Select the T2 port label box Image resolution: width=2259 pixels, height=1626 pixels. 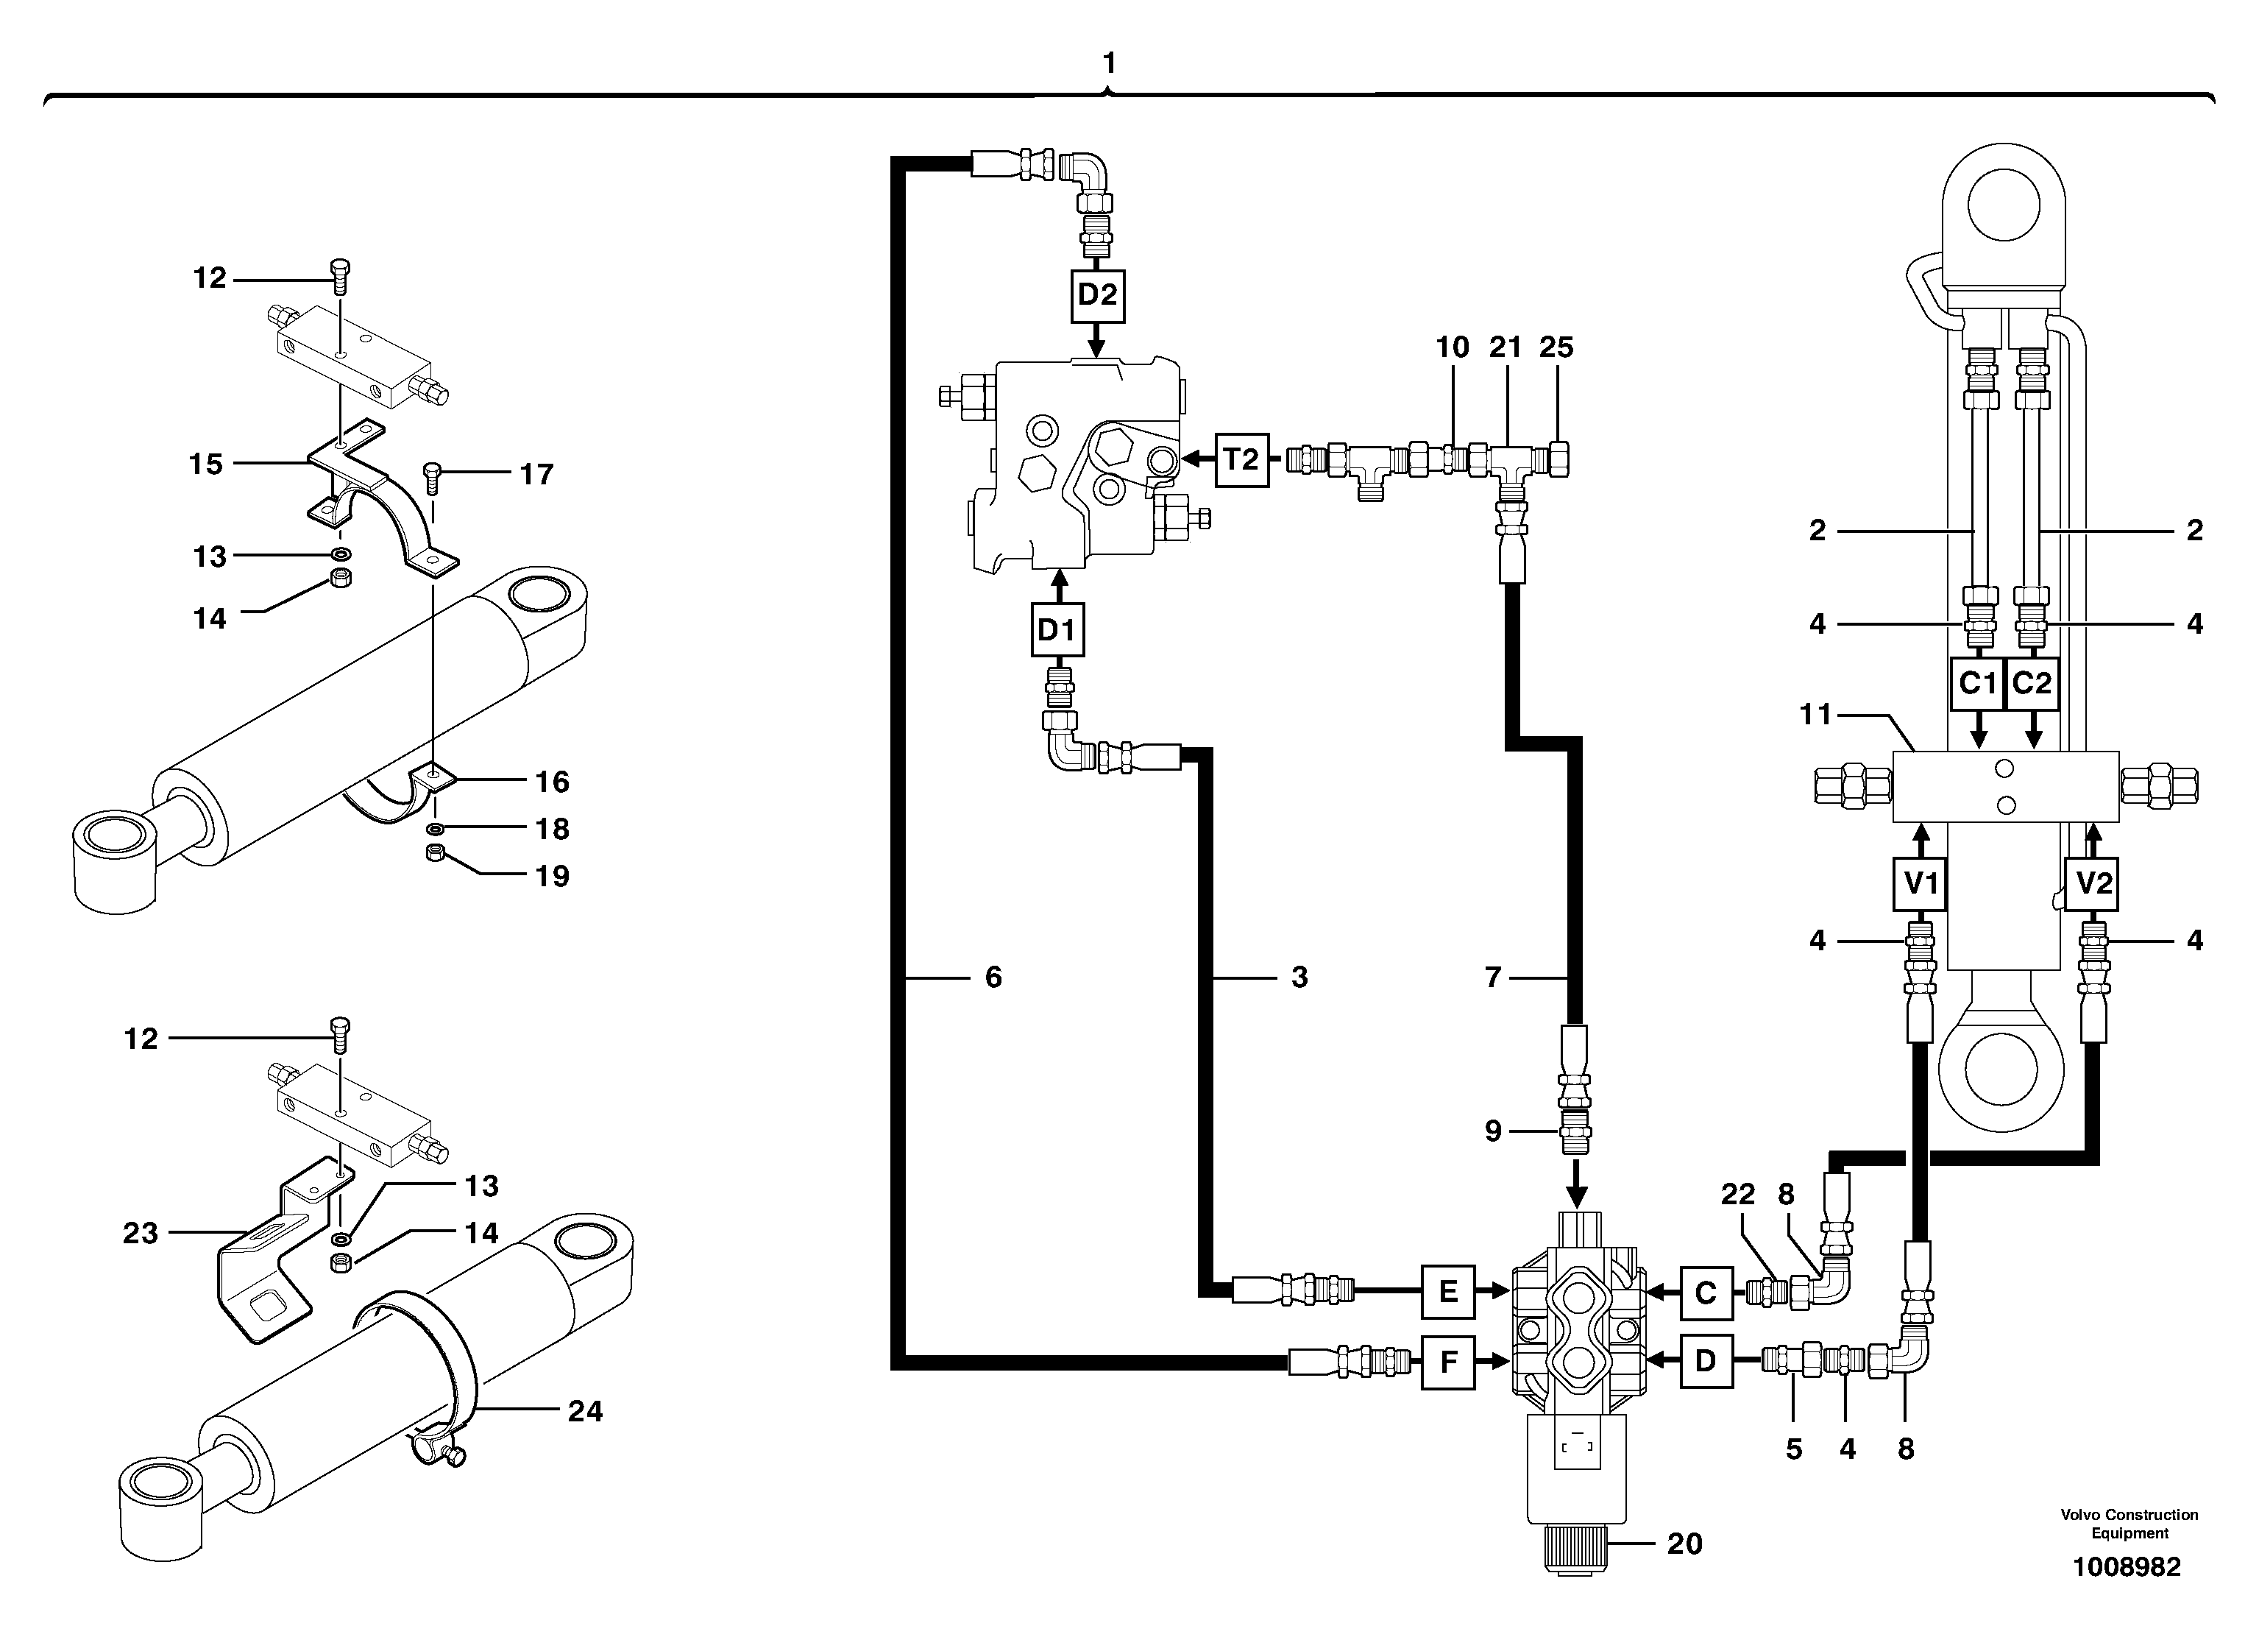pyautogui.click(x=1242, y=459)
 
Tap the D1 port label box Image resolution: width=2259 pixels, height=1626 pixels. pyautogui.click(x=1057, y=629)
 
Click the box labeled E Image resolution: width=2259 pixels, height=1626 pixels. pyautogui.click(x=1448, y=1293)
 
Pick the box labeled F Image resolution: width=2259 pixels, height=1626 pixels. pyautogui.click(x=1448, y=1361)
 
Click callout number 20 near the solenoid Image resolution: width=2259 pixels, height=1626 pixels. pyautogui.click(x=1684, y=1544)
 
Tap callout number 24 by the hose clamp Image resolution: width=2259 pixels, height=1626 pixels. pyautogui.click(x=585, y=1411)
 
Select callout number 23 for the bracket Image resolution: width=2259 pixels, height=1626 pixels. pyautogui.click(x=141, y=1234)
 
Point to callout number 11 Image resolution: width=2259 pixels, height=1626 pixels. pyautogui.click(x=1816, y=714)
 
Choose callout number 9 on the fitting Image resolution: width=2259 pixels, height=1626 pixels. pyautogui.click(x=1493, y=1131)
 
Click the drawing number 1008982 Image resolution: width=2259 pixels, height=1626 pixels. pyautogui.click(x=2127, y=1567)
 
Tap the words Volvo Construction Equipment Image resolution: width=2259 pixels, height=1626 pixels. pyautogui.click(x=2129, y=1524)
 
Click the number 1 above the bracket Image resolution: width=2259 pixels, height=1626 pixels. pyautogui.click(x=1110, y=64)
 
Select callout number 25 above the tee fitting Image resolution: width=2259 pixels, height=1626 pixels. pyautogui.click(x=1556, y=347)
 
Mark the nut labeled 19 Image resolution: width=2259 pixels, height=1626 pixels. pyautogui.click(x=434, y=854)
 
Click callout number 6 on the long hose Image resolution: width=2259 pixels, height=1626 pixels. pyautogui.click(x=993, y=978)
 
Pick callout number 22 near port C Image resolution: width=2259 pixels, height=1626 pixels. pyautogui.click(x=1738, y=1195)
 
